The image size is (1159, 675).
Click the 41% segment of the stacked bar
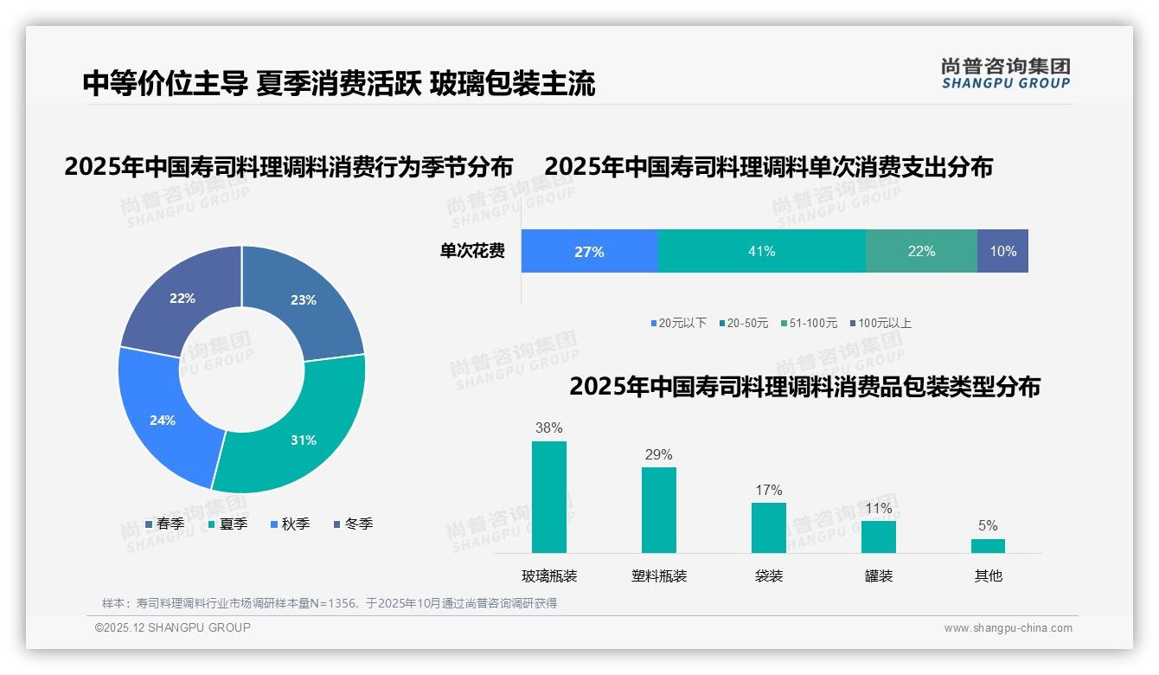761,251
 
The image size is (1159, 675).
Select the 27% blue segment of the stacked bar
589,251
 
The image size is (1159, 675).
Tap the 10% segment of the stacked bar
1002,251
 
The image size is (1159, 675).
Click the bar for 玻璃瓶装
548,497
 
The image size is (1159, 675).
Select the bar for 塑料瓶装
658,510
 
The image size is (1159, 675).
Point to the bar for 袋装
768,527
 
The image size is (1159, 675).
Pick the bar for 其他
988,545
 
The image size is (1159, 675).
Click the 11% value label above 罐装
878,509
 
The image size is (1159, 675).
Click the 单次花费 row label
472,251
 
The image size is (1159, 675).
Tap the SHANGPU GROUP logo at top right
1005,73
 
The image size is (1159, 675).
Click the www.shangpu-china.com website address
1008,627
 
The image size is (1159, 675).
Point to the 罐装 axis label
878,575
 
